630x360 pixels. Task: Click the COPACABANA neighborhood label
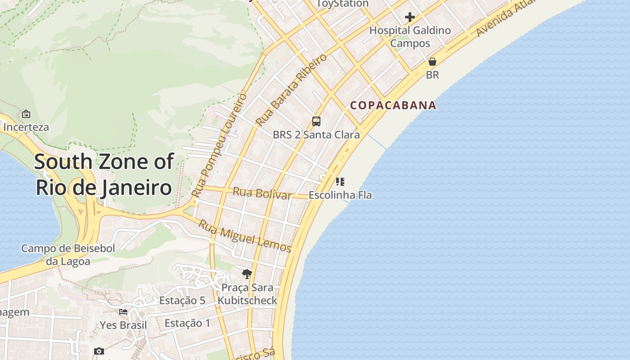(393, 105)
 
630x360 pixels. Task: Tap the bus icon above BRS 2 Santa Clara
(316, 121)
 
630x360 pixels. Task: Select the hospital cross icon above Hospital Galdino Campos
(410, 17)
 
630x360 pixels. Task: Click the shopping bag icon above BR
(432, 62)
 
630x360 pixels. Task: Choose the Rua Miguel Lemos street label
(245, 236)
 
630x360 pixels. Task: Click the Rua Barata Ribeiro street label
(291, 90)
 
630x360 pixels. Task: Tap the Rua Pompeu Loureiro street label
(219, 145)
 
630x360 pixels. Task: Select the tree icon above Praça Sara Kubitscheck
(247, 274)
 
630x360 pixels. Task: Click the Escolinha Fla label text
(340, 195)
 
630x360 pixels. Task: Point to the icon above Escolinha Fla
(340, 182)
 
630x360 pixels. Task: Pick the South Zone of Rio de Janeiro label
(103, 174)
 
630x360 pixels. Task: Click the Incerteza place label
(26, 127)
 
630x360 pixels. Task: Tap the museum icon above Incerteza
(26, 114)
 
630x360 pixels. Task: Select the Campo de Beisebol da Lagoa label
(68, 255)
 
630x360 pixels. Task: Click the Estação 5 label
(182, 301)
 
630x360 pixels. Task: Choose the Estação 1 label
(187, 323)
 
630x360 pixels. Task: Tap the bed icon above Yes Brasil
(123, 311)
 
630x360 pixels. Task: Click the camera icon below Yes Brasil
(99, 351)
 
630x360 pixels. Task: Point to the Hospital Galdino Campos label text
(410, 37)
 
